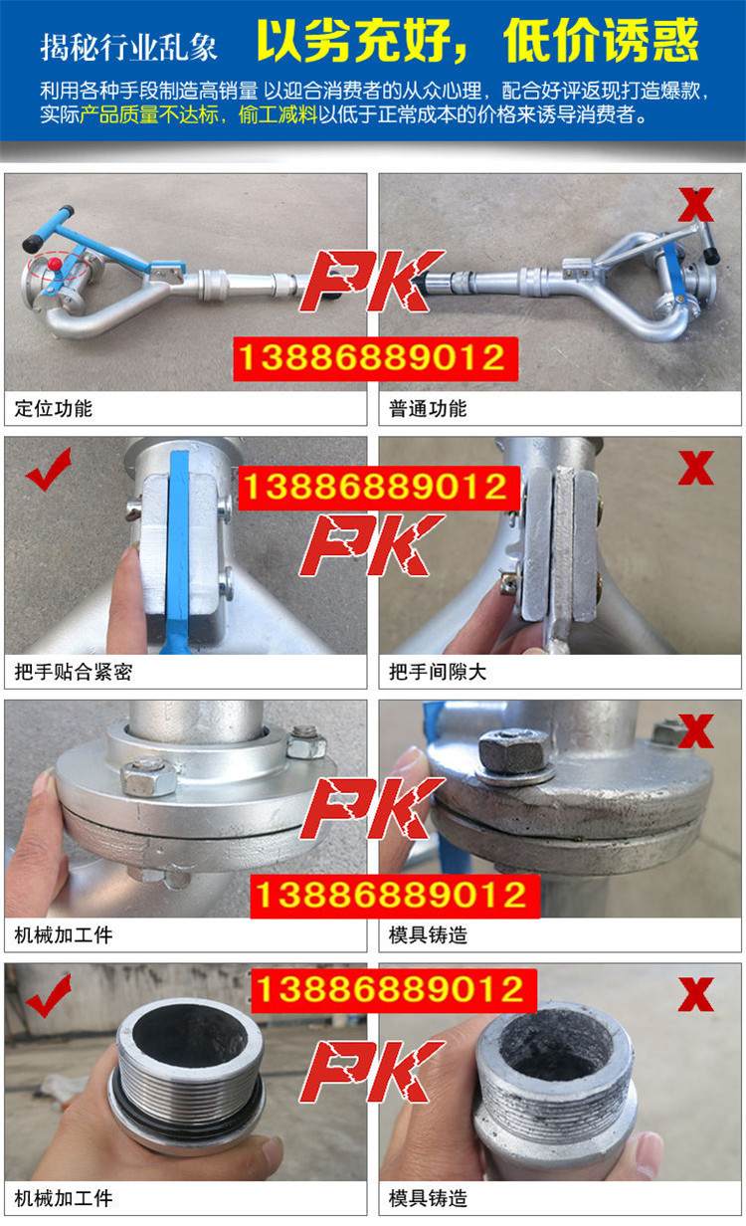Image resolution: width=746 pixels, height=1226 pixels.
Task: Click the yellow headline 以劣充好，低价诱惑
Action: [478, 41]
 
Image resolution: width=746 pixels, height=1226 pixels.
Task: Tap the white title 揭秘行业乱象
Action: [129, 47]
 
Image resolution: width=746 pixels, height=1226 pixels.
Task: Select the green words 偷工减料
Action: [279, 115]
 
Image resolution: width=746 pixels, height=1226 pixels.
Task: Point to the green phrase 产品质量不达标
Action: [149, 115]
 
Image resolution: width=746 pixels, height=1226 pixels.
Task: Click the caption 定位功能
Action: [54, 408]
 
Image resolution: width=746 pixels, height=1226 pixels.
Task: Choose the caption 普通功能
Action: [428, 408]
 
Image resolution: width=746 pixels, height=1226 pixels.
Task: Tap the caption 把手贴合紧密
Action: [74, 672]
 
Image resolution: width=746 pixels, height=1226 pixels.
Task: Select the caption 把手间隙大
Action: [438, 672]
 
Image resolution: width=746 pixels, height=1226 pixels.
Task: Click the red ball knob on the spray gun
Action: [54, 264]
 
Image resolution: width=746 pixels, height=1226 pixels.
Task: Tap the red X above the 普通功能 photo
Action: [696, 205]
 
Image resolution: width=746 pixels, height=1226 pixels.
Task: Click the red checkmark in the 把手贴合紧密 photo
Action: [49, 469]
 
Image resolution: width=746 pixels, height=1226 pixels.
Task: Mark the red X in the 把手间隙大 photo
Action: [696, 468]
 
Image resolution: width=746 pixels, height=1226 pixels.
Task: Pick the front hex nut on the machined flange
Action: [147, 775]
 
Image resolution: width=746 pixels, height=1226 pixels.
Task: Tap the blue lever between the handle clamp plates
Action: [179, 551]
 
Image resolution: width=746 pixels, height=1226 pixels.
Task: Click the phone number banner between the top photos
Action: [376, 359]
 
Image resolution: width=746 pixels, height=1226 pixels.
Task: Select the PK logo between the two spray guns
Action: [372, 281]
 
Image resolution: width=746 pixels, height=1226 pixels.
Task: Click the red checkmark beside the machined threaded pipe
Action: [49, 995]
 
